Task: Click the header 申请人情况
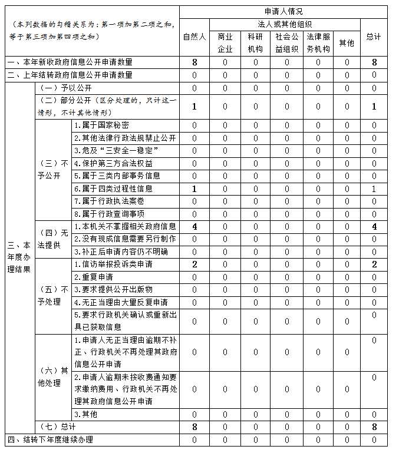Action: click(283, 12)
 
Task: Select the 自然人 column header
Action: click(194, 37)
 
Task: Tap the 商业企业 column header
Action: click(225, 42)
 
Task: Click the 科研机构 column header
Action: click(256, 42)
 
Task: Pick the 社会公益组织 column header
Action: click(287, 42)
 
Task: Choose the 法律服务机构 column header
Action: click(318, 42)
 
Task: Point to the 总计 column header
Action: click(373, 37)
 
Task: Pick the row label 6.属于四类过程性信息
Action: click(113, 189)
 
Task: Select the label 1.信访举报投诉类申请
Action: click(113, 264)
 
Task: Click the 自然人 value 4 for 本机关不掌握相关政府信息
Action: click(194, 226)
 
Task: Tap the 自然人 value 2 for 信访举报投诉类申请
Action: click(194, 264)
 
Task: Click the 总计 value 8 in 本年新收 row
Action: click(374, 62)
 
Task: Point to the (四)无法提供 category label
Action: click(53, 239)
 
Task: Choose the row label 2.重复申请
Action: click(94, 277)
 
